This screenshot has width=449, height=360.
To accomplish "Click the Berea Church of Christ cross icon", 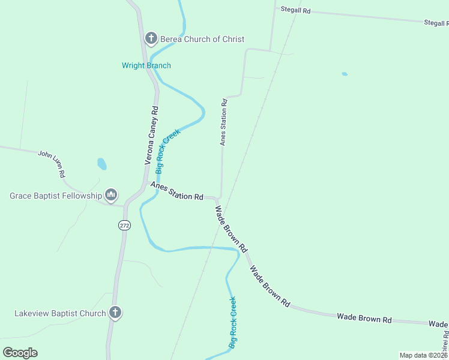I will click(151, 39).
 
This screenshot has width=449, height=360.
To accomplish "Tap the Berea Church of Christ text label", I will click(202, 39).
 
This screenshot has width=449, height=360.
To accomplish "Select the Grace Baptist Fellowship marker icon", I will click(111, 195).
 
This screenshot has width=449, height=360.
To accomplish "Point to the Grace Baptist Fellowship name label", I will click(56, 196).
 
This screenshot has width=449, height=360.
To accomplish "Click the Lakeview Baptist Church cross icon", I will click(115, 313).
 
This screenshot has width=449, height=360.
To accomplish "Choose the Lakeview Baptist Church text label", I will click(60, 313).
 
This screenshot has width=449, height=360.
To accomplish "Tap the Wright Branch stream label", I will click(146, 65).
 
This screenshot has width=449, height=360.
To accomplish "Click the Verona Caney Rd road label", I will click(152, 136).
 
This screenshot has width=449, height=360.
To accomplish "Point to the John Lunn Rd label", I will click(52, 164).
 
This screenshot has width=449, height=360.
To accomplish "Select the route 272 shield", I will click(124, 226).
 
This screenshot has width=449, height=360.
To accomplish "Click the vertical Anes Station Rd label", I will click(224, 122).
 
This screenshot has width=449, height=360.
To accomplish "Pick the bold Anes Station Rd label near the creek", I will click(177, 192).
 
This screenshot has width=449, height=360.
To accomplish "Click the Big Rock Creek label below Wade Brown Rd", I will click(233, 323).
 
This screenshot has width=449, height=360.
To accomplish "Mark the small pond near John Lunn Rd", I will click(102, 164).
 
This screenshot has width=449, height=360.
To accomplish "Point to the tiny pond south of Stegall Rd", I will click(345, 74).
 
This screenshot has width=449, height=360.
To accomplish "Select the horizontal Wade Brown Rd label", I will click(364, 317).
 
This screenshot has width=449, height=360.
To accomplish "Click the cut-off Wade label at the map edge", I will click(439, 324).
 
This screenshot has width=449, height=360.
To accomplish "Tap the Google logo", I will click(20, 353).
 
